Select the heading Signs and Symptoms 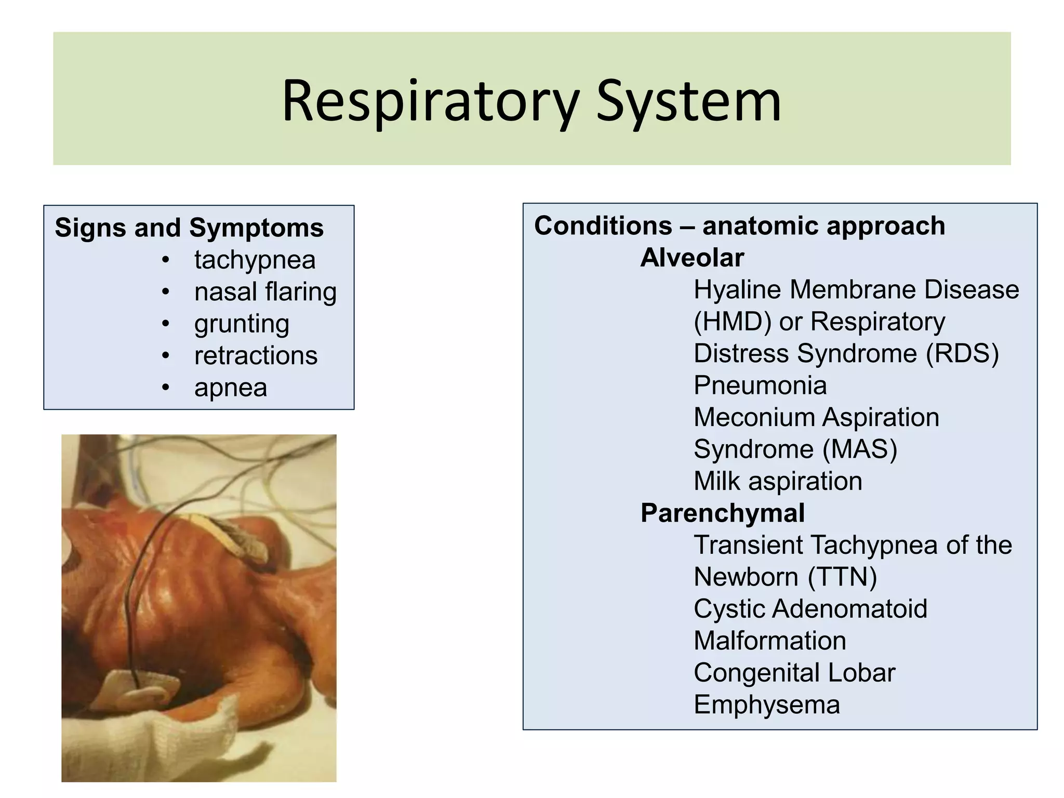[189, 228]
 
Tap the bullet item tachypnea [255, 260]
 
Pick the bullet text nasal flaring [265, 291]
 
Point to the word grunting [242, 324]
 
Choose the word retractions [256, 356]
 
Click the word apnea [231, 388]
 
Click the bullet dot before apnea [166, 387]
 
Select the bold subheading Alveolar [692, 258]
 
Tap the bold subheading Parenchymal [723, 513]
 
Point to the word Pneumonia [760, 385]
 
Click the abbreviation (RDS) [962, 354]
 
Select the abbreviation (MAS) [860, 449]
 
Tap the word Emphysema [767, 705]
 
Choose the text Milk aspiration [778, 481]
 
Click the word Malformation [770, 641]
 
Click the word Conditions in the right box [603, 226]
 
